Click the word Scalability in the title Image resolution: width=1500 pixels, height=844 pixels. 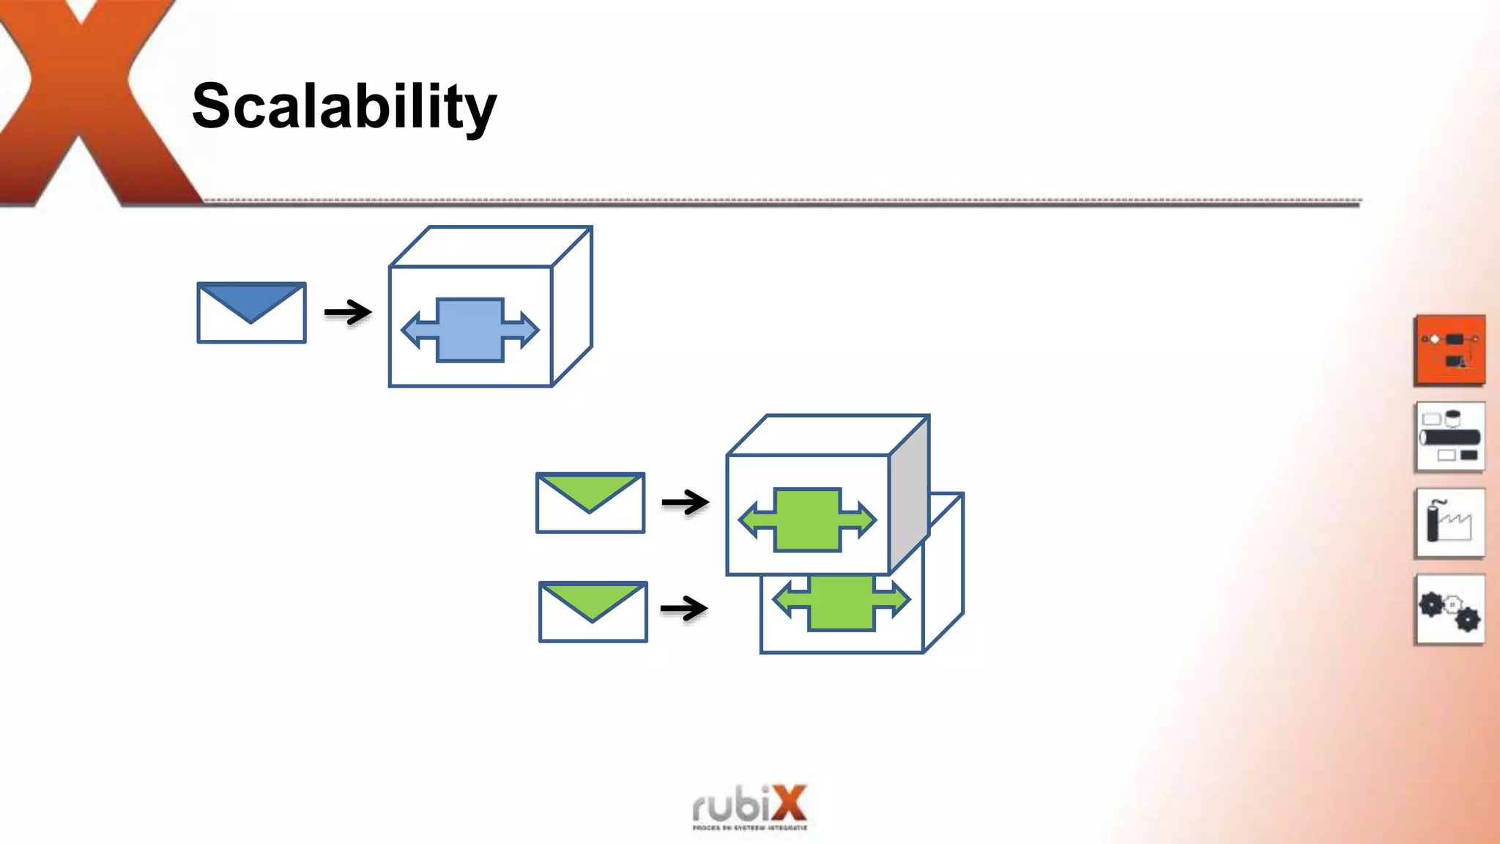pos(344,106)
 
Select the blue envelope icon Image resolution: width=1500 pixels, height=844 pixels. pos(251,313)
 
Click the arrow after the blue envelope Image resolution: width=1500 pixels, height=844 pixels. pos(348,313)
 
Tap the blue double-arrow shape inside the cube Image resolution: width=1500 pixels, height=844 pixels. pos(470,330)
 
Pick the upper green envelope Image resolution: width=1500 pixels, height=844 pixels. pos(590,503)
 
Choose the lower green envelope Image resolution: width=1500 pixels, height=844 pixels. pos(593,612)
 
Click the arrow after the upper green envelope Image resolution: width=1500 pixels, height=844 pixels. pos(685,503)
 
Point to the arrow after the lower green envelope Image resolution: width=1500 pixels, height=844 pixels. pos(684,608)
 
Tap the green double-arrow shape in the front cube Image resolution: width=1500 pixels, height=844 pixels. pos(807,519)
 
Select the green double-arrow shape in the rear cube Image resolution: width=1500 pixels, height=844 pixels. pos(842,603)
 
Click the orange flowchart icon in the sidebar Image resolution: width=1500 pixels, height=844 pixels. pos(1450,350)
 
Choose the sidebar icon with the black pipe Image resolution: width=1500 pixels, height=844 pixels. pos(1450,437)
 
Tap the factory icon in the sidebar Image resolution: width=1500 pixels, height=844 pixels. pos(1450,523)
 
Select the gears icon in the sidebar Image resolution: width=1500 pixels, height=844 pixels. pos(1450,610)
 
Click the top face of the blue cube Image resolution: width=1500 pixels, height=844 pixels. pos(491,246)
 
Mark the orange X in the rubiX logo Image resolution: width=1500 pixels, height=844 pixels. pos(788,804)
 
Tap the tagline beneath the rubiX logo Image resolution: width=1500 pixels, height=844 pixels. pos(749,828)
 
